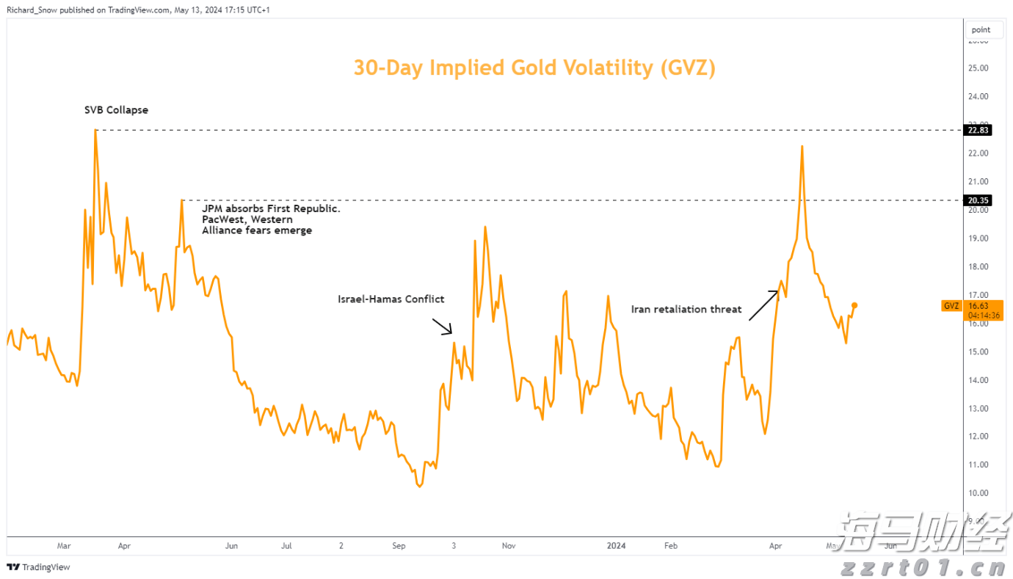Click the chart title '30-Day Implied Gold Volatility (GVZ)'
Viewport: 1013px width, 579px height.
(x=534, y=68)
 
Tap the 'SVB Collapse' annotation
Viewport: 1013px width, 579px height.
(x=116, y=110)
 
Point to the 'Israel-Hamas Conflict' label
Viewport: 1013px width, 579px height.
(x=391, y=299)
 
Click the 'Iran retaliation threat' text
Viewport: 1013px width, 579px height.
(x=686, y=309)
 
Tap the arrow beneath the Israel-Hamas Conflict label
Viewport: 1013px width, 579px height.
(x=442, y=327)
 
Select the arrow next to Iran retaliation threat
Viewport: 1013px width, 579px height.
(x=763, y=305)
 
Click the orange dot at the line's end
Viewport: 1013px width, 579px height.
(x=854, y=305)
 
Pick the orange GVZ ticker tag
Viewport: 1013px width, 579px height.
(x=951, y=306)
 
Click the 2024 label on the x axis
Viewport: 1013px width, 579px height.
(x=617, y=546)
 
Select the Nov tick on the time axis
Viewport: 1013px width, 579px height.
(x=509, y=546)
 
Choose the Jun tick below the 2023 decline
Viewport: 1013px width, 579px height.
(x=231, y=546)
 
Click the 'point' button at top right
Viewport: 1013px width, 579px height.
(x=981, y=30)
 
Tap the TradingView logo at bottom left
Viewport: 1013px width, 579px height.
(x=38, y=567)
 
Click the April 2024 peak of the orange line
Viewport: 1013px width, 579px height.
(x=802, y=146)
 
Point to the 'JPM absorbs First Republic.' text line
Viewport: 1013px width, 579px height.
(x=271, y=209)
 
